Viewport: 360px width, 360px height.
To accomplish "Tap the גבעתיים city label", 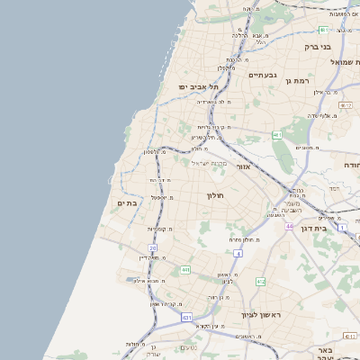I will (x=262, y=75).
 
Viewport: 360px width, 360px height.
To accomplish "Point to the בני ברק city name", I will (x=318, y=46).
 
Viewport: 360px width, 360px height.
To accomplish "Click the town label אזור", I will (x=242, y=166).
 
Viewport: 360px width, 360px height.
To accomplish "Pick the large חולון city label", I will (x=215, y=195).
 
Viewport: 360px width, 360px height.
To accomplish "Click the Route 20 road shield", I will (x=153, y=247).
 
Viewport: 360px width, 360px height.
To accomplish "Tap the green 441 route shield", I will (x=184, y=270).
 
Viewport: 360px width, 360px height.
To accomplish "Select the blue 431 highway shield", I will (x=186, y=318).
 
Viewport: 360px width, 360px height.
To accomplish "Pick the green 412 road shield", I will (x=260, y=282).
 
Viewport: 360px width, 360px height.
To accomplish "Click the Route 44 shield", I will (x=290, y=226).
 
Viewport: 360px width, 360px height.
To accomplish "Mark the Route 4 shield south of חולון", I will (x=237, y=253).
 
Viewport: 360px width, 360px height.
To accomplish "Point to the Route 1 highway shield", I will (x=342, y=226).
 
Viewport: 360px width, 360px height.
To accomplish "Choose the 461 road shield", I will (x=277, y=136).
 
